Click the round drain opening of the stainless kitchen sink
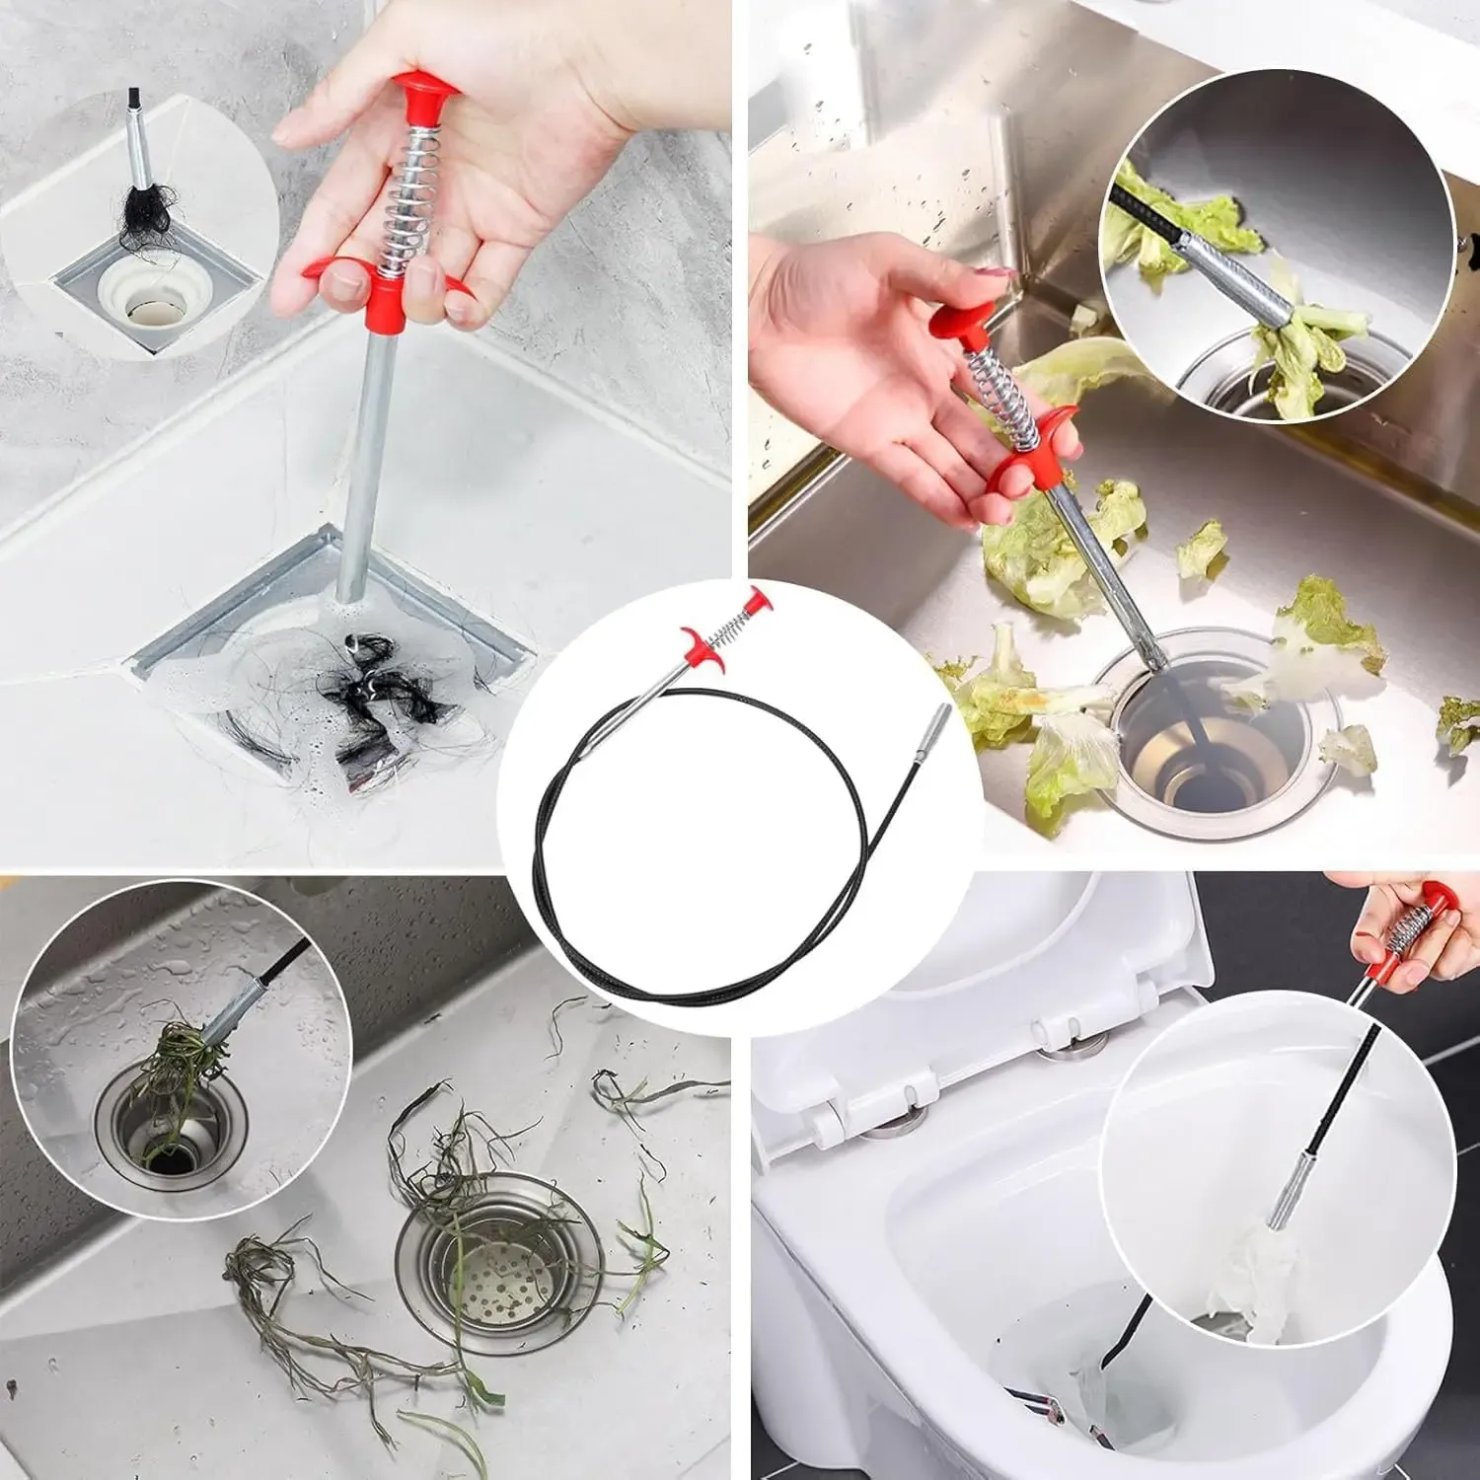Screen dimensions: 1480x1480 [1209, 730]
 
